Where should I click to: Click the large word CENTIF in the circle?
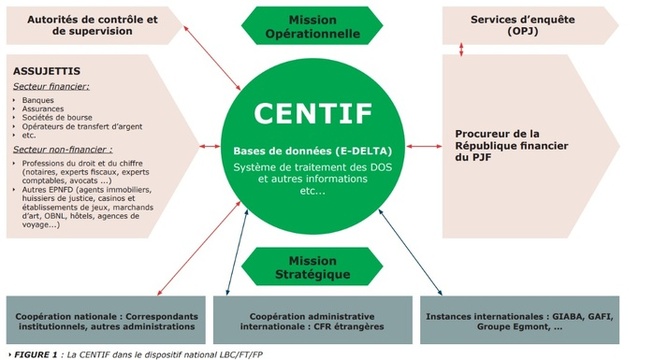click(x=325, y=110)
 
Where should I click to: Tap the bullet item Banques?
click(x=40, y=100)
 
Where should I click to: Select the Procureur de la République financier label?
click(x=510, y=145)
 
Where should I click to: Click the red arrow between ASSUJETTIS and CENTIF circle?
click(x=213, y=148)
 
